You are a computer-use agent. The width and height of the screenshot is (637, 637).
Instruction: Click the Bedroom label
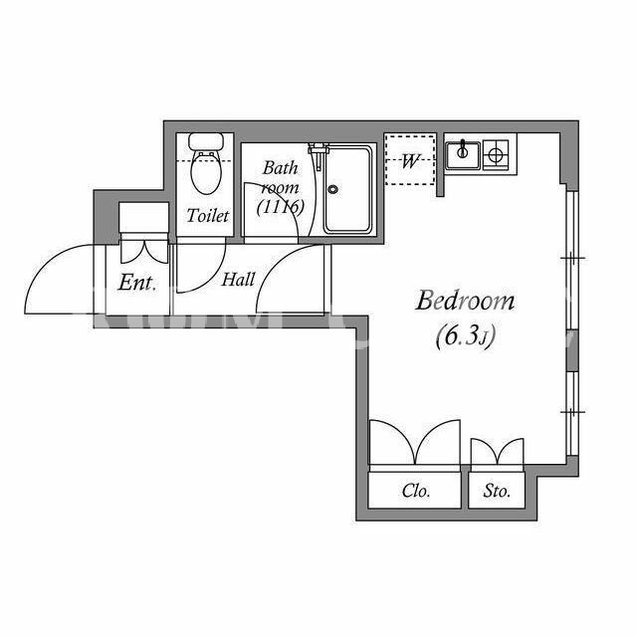(x=465, y=301)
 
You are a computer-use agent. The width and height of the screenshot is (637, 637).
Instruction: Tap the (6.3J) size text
(x=466, y=336)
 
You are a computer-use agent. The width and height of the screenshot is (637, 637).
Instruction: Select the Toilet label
(x=208, y=216)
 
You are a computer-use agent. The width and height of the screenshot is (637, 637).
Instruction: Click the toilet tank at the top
(x=206, y=141)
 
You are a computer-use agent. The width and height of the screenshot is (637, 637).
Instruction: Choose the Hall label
(x=238, y=280)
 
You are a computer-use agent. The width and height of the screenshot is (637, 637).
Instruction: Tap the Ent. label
(x=137, y=283)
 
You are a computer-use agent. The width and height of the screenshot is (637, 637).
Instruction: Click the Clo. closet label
(x=416, y=491)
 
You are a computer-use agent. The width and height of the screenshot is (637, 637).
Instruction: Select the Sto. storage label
(x=497, y=491)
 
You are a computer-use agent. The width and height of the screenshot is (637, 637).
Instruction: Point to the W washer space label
(x=409, y=161)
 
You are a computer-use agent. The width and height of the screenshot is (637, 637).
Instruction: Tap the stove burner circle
(x=496, y=154)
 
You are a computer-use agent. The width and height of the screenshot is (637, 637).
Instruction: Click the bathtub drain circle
(x=333, y=189)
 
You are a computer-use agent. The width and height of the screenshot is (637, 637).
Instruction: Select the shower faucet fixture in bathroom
(x=318, y=155)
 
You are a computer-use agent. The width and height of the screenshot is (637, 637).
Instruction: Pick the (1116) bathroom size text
(x=281, y=207)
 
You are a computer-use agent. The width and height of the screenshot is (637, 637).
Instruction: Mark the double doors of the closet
(x=415, y=443)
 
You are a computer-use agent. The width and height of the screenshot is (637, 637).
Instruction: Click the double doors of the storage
(x=498, y=452)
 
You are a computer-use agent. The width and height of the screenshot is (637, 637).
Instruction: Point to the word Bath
(x=281, y=168)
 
